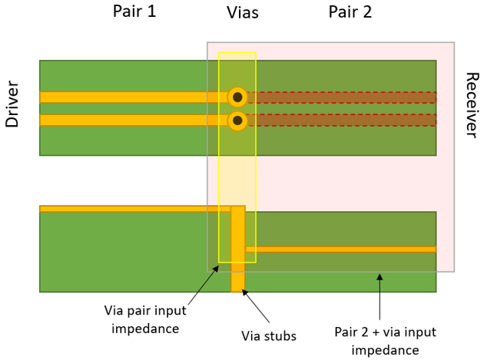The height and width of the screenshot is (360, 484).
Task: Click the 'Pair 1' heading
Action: point(134,11)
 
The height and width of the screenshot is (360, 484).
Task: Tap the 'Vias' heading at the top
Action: point(243,12)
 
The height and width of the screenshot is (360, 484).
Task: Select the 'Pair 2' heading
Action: point(350,12)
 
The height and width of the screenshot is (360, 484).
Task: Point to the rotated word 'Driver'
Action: point(12,104)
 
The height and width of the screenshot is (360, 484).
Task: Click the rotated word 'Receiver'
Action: point(472,105)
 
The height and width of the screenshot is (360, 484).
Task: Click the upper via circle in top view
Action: point(237,97)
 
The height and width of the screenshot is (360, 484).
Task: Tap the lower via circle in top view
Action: point(237,121)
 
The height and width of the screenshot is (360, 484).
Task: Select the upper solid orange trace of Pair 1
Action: point(134,97)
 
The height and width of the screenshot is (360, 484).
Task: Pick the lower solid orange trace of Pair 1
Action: point(134,121)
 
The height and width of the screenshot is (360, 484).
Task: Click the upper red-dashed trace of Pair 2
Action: point(342,97)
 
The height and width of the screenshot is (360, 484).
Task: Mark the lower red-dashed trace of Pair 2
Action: point(342,121)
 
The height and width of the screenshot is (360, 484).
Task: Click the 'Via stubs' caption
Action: point(269,336)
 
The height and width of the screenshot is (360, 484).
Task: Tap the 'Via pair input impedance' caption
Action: point(145,319)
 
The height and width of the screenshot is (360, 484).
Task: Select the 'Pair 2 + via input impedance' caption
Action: point(385,341)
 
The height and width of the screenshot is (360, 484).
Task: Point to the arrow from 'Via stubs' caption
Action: point(256,306)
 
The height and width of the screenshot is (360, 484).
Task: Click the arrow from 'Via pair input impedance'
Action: point(204,286)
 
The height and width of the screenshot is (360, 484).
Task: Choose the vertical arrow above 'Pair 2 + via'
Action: point(380,296)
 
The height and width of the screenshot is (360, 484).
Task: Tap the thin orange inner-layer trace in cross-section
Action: point(341,249)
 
